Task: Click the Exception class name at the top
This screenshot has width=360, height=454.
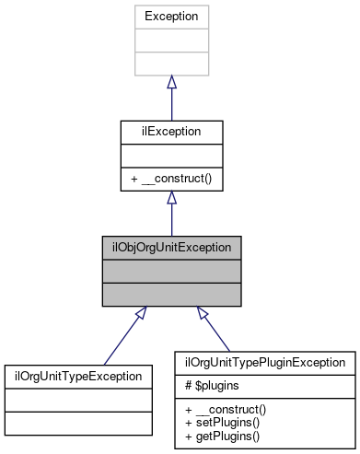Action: click(171, 16)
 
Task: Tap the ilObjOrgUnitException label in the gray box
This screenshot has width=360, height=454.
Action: click(171, 249)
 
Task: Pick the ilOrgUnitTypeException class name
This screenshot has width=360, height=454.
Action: click(78, 376)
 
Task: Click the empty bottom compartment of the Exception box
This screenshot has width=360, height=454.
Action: click(171, 64)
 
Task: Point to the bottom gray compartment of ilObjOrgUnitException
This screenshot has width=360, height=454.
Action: click(171, 294)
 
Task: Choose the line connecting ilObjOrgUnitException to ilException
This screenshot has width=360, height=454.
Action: click(171, 221)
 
